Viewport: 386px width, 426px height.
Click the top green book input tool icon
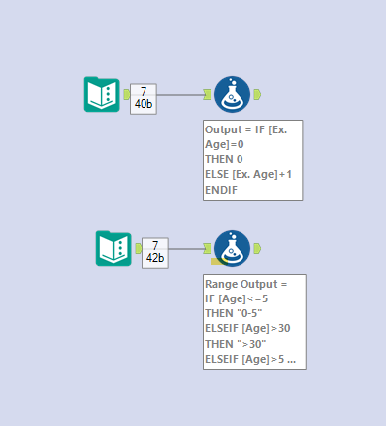(102, 94)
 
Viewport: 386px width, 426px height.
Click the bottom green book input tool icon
(114, 248)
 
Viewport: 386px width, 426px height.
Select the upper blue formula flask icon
(232, 94)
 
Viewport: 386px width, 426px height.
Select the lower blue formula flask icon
(232, 249)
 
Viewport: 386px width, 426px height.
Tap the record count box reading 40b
(143, 98)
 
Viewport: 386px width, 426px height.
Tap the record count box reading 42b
(154, 252)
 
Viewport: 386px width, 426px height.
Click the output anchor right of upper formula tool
(256, 94)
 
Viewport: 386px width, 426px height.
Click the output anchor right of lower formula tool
(256, 248)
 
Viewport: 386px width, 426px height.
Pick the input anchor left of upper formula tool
(207, 95)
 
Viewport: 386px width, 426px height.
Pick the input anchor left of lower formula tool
(207, 249)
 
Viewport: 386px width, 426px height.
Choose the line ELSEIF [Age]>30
(247, 328)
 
